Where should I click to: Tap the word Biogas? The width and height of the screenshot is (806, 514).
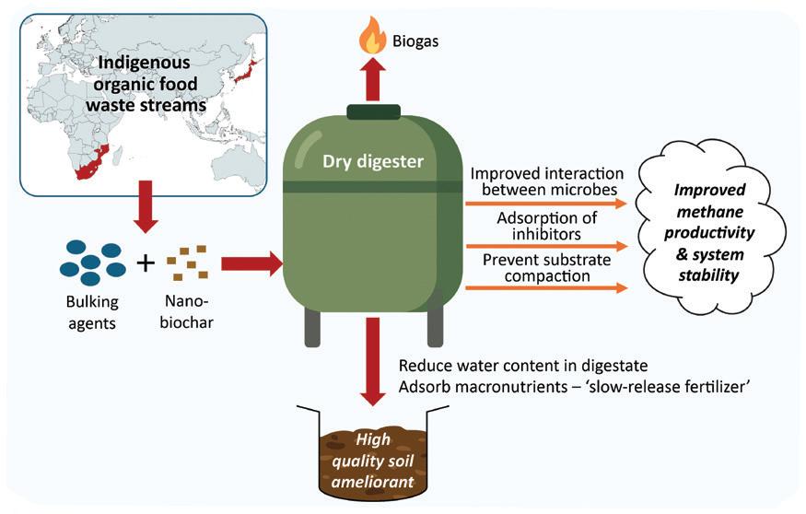tap(415, 41)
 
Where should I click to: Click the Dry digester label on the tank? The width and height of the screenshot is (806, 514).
tap(372, 162)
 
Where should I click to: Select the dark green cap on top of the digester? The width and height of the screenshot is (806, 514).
tap(373, 112)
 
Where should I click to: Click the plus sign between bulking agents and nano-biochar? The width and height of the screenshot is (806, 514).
tap(145, 264)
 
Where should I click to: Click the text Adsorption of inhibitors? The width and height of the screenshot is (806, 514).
tap(547, 227)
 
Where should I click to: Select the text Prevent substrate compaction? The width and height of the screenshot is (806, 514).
tap(547, 268)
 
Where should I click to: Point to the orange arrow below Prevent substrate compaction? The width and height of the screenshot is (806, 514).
tap(547, 289)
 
